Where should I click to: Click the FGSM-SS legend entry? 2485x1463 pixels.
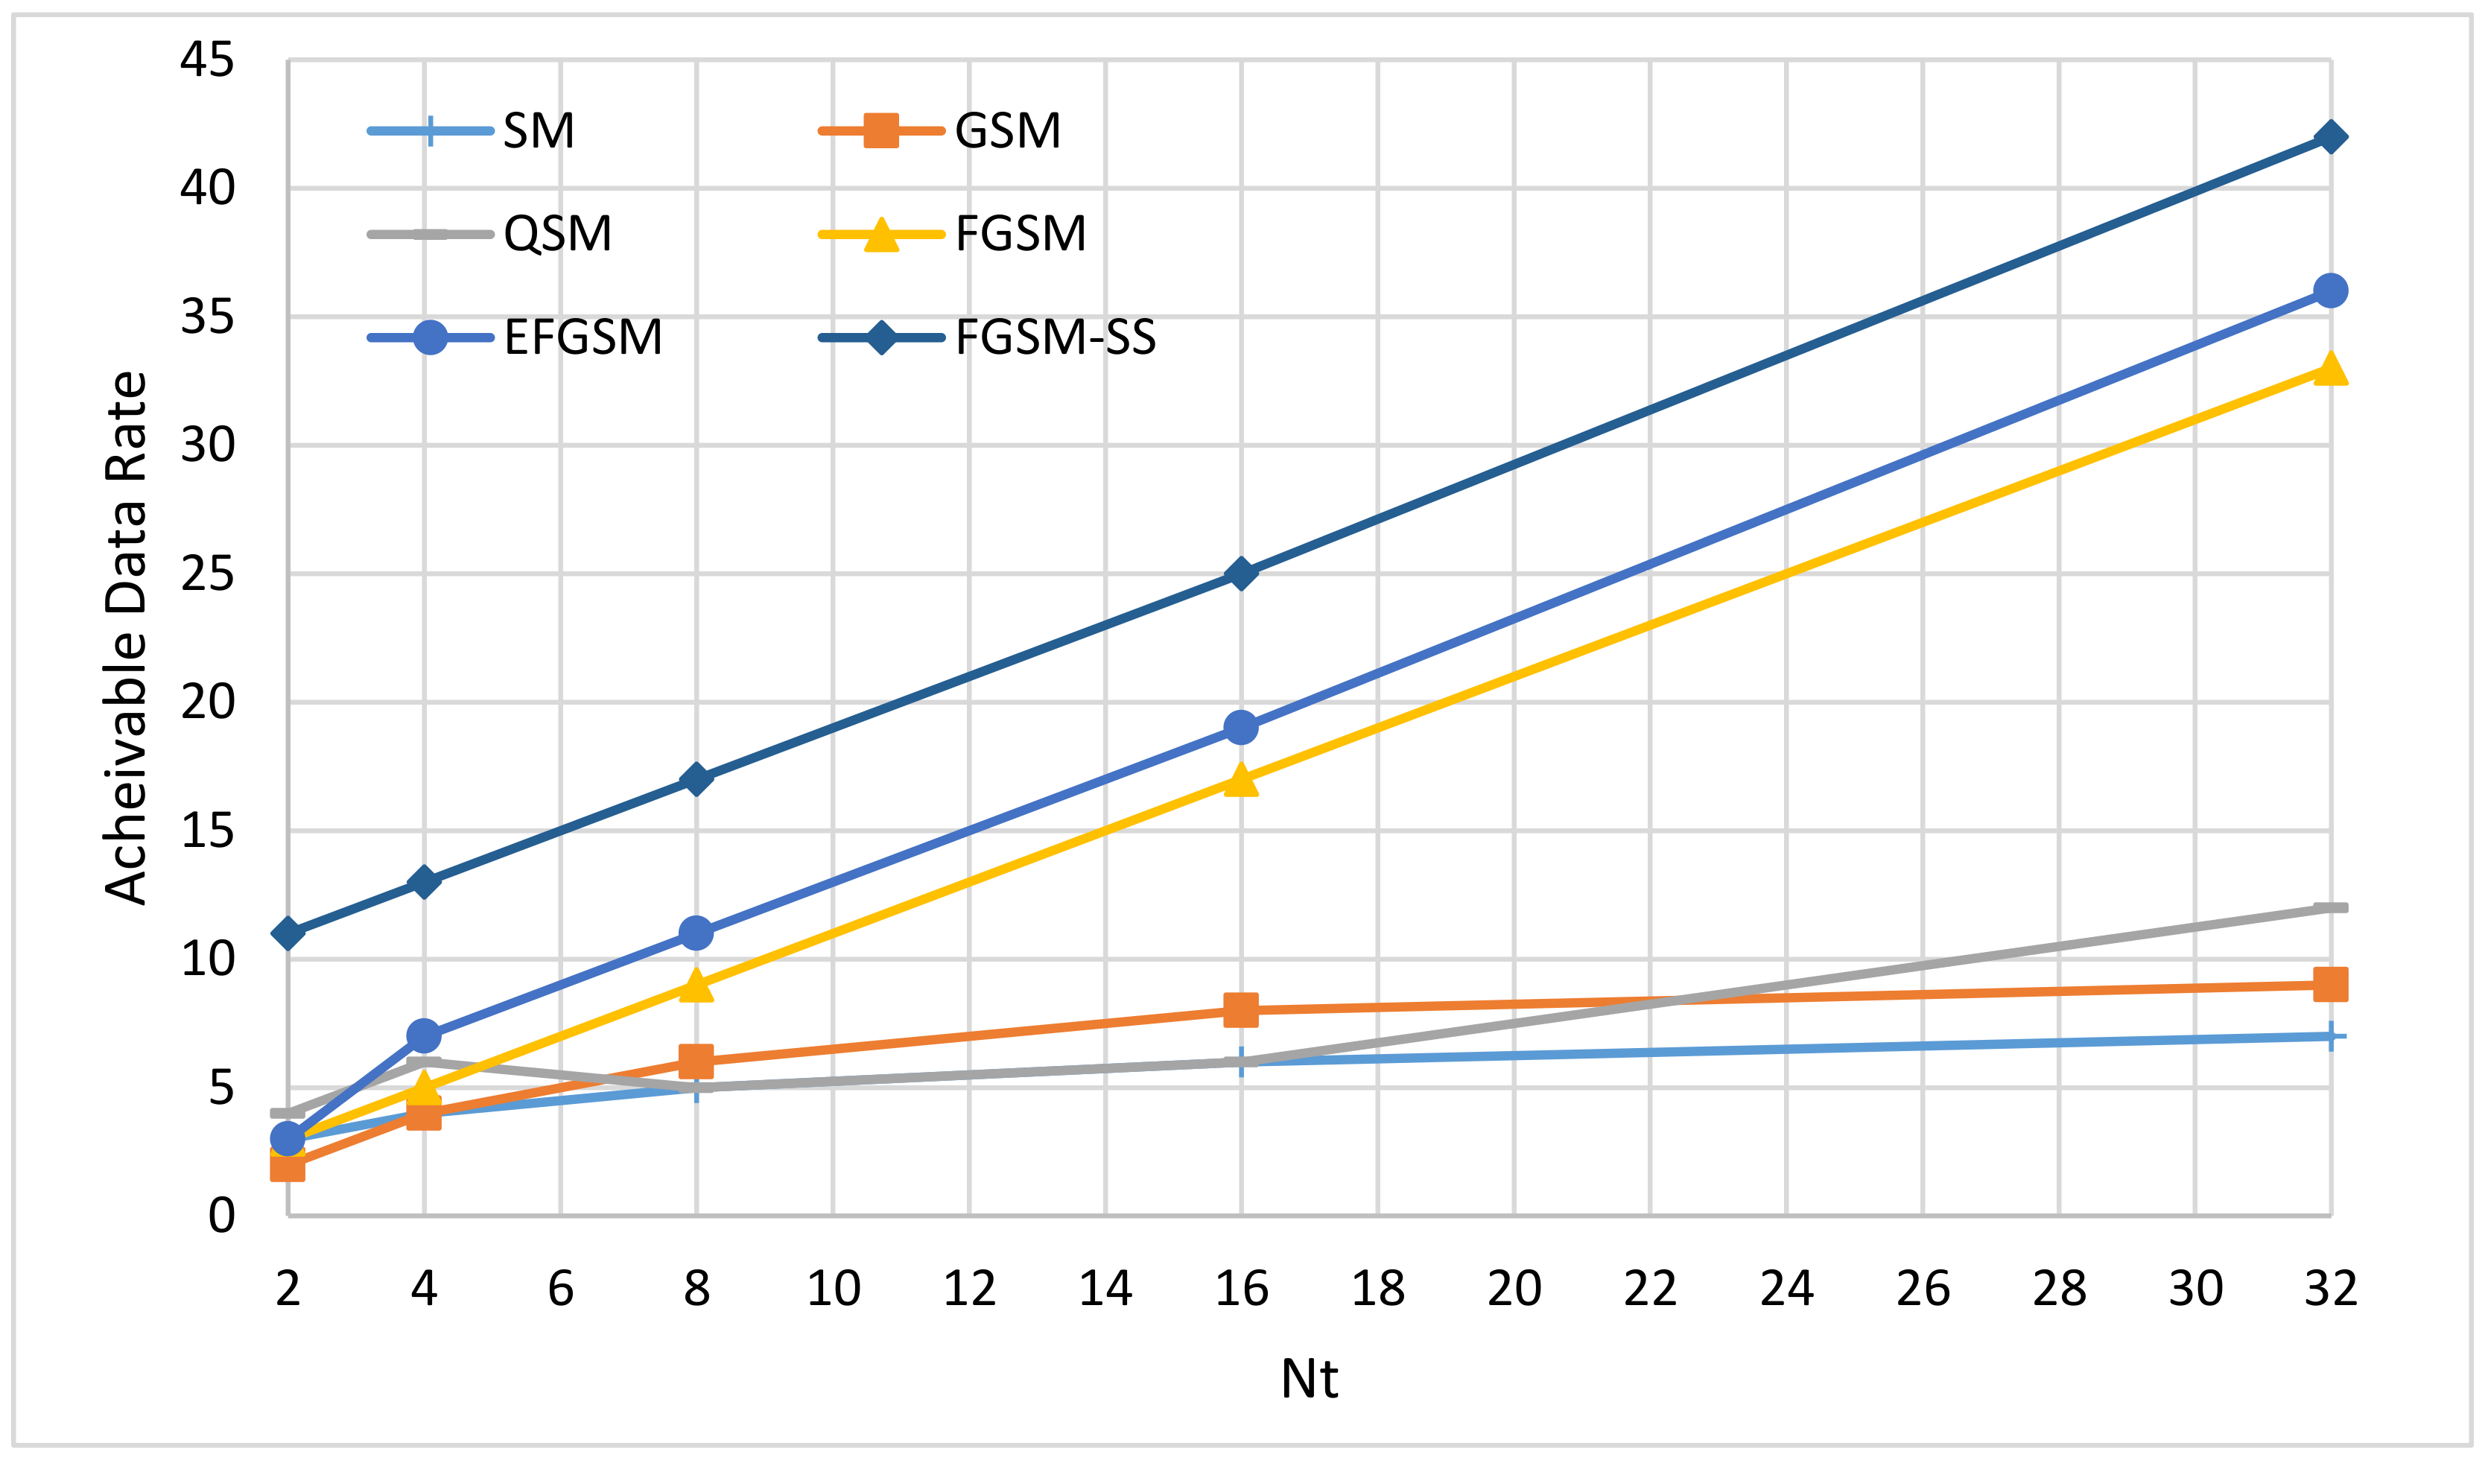(x=1055, y=337)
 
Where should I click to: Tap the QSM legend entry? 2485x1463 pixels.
(x=557, y=234)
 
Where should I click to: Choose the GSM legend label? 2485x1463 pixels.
(x=1008, y=130)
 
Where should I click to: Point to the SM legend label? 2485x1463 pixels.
(x=539, y=130)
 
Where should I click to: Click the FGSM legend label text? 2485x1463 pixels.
(x=1021, y=234)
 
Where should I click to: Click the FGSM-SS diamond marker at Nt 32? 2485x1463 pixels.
(x=2330, y=136)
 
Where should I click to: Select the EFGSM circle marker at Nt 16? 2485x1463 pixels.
(x=1242, y=728)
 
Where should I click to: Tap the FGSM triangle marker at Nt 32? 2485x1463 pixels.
(x=2330, y=369)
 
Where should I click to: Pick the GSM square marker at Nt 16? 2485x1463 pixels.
(x=1242, y=1009)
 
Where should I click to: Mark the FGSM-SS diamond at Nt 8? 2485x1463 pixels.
(x=696, y=779)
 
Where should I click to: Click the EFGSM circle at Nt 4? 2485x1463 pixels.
(x=424, y=1035)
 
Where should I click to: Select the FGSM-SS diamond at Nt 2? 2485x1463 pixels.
(x=288, y=933)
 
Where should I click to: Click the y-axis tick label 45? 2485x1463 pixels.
(x=207, y=60)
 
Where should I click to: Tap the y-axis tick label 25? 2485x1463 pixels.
(x=207, y=574)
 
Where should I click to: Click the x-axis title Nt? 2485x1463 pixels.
(x=1309, y=1378)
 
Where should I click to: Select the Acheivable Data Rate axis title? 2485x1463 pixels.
(x=126, y=638)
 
